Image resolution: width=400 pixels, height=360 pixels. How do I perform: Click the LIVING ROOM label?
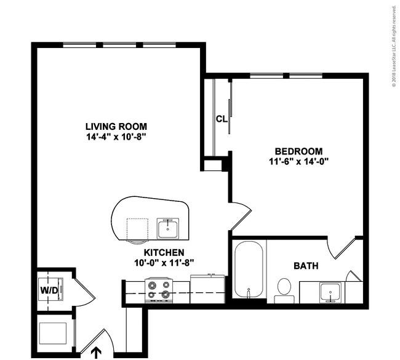tap(116, 126)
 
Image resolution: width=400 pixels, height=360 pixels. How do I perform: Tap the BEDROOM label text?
tap(298, 151)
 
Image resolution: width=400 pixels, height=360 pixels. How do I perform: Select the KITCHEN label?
tap(164, 252)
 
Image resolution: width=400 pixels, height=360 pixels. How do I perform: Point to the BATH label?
tap(306, 266)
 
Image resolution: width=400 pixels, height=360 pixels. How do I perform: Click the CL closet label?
tap(222, 119)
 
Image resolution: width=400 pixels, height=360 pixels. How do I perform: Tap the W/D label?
tap(49, 290)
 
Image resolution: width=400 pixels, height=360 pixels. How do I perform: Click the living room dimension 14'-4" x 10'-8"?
tap(116, 137)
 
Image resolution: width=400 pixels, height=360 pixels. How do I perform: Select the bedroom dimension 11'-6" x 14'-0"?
tap(298, 161)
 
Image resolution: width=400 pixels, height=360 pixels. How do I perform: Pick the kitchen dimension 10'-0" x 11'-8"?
tap(164, 263)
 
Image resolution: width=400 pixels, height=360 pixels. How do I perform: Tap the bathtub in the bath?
tap(249, 270)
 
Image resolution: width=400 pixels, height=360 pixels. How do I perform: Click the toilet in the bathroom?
tap(284, 290)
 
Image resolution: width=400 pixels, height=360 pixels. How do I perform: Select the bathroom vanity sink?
tap(330, 292)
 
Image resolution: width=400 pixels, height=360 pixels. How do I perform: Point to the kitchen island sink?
tap(167, 228)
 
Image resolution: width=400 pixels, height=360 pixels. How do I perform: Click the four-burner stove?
tap(159, 290)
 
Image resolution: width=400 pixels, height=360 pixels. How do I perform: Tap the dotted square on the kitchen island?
tap(137, 229)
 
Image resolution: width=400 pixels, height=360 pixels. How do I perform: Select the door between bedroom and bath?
tap(342, 248)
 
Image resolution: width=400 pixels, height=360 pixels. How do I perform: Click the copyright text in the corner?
tap(394, 46)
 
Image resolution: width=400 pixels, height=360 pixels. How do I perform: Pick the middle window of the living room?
tap(119, 45)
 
